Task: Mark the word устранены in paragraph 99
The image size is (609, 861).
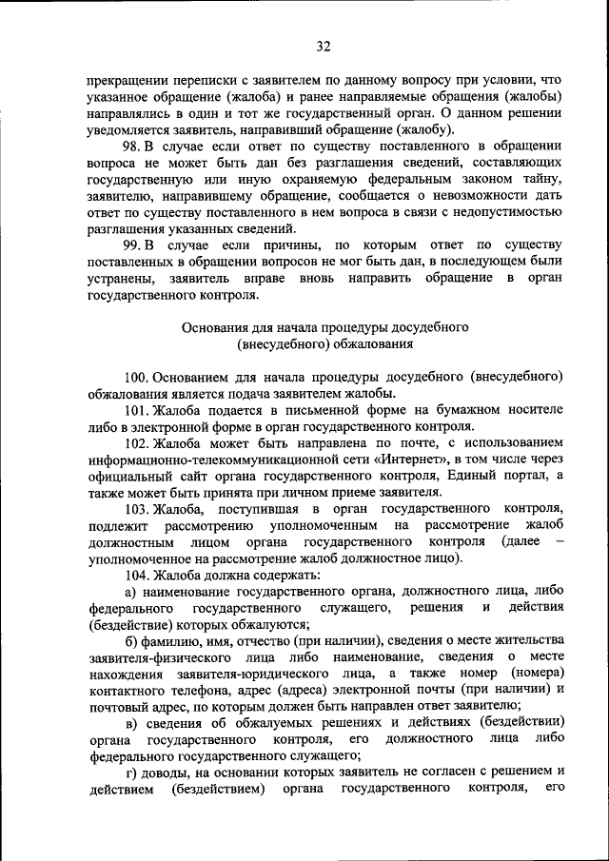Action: (121, 278)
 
